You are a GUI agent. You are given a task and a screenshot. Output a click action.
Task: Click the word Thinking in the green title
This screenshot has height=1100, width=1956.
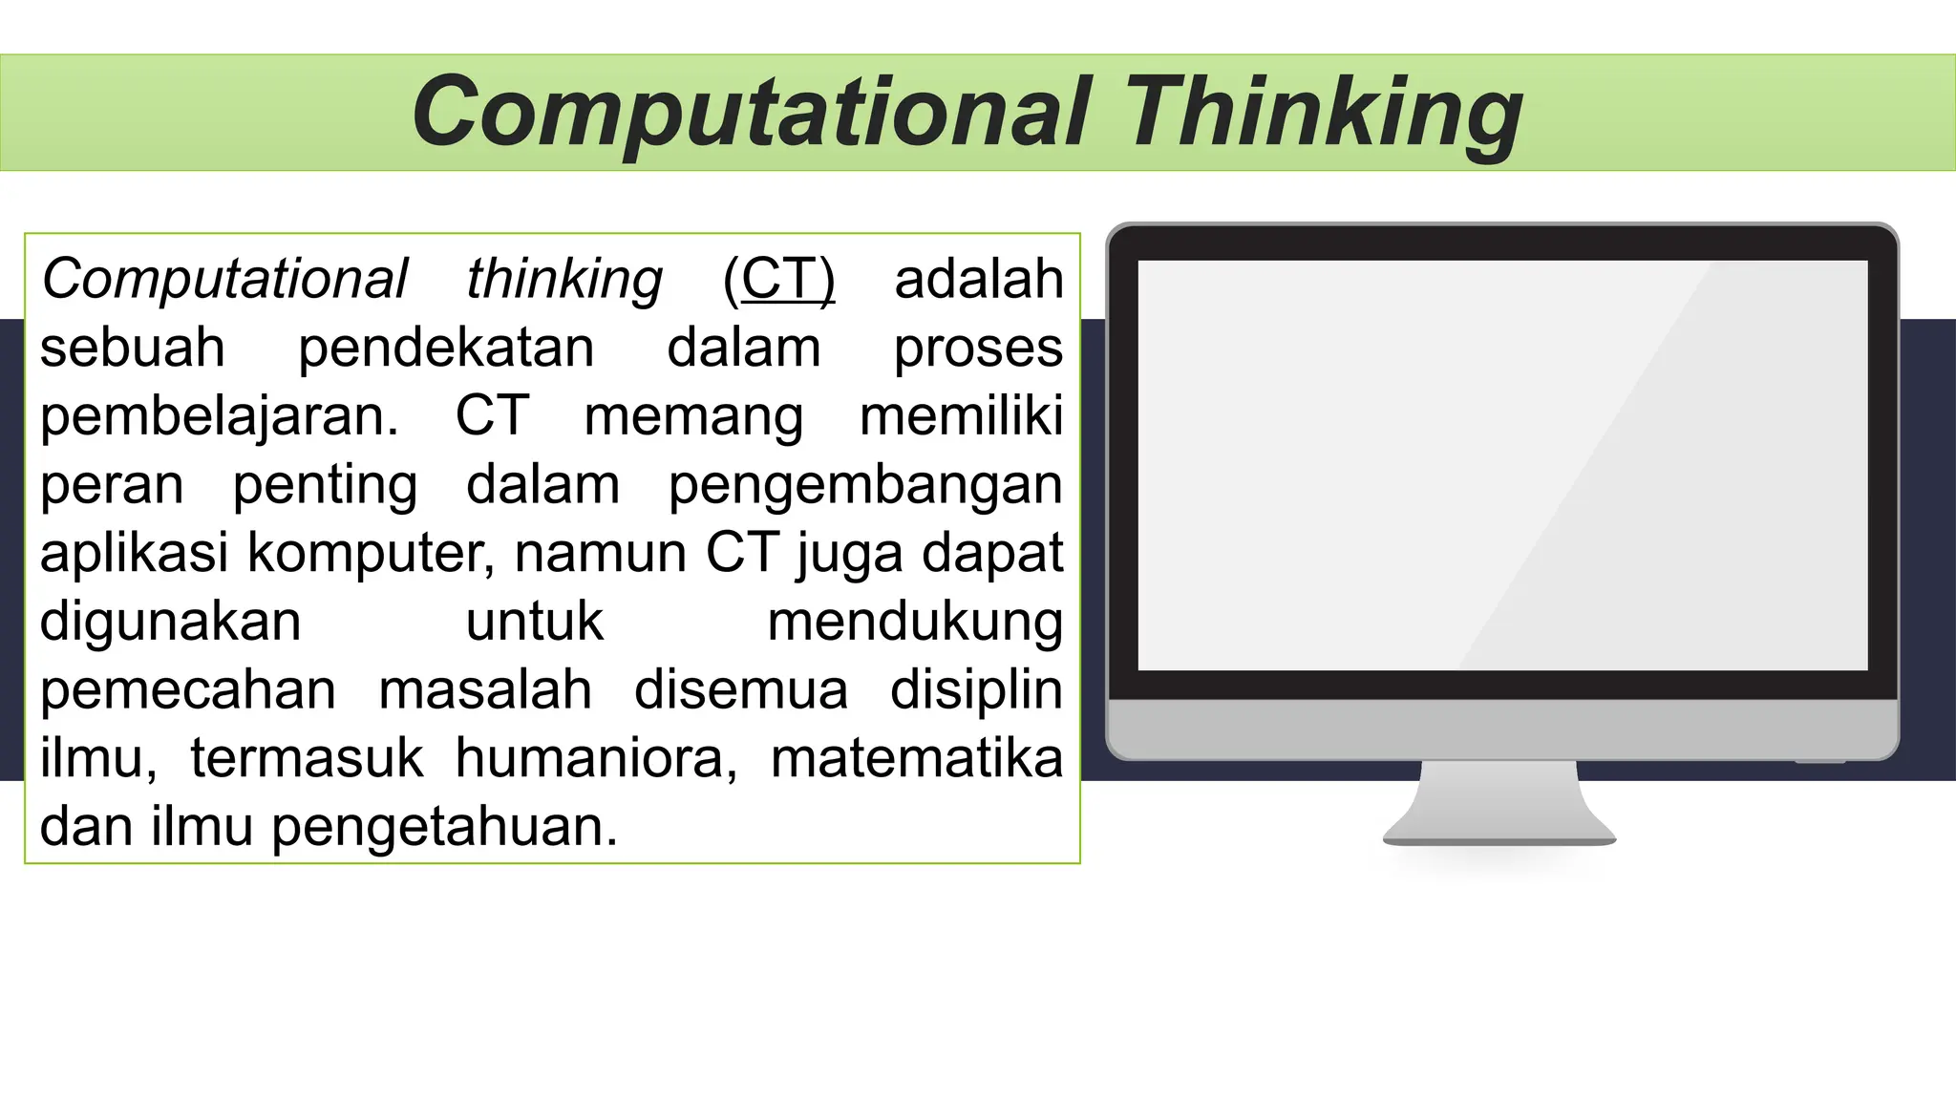[1324, 114]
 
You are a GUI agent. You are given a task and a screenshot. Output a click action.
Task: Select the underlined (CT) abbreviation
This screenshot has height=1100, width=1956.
[778, 280]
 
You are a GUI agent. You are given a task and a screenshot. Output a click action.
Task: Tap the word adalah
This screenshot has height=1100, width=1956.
[978, 280]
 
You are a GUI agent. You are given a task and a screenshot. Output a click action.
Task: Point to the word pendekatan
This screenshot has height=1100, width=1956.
[446, 349]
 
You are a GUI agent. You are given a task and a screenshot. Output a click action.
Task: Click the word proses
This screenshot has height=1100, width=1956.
[978, 349]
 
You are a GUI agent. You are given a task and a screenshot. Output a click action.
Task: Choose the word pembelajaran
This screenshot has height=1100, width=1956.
[220, 417]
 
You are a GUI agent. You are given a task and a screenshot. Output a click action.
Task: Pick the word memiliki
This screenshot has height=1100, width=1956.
[961, 417]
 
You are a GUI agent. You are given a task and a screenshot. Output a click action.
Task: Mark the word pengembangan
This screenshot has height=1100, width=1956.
[865, 486]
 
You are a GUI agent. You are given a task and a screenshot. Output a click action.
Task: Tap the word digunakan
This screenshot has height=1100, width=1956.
[171, 623]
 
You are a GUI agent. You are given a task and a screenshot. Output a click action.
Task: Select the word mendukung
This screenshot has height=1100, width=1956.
[915, 623]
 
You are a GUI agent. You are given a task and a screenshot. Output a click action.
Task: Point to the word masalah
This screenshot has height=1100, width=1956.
[485, 690]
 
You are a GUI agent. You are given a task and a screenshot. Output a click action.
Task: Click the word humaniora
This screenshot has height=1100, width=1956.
[596, 759]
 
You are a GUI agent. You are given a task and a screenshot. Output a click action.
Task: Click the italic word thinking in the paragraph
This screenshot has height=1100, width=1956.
[564, 280]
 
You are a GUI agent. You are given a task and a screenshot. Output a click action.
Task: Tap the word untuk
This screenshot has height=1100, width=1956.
[535, 623]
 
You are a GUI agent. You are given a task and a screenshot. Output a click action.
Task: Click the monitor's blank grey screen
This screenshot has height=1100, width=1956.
[1502, 465]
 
